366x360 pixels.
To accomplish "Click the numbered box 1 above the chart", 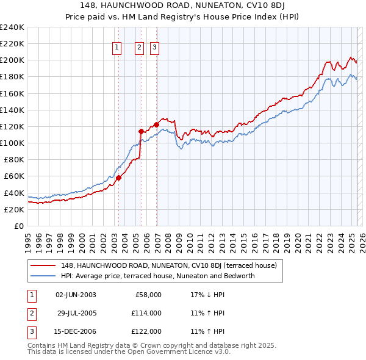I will click(117, 48).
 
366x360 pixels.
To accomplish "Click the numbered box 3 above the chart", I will click(155, 48).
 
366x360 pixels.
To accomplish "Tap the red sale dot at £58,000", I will click(118, 178).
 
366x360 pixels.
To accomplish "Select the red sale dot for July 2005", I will click(141, 131).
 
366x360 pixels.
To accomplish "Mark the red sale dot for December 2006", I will click(156, 124).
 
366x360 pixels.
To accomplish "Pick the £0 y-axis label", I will click(18, 226).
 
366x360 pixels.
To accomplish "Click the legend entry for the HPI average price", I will click(157, 276).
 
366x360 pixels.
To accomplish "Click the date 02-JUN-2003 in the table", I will click(76, 295).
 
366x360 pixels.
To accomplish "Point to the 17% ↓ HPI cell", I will click(207, 295).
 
